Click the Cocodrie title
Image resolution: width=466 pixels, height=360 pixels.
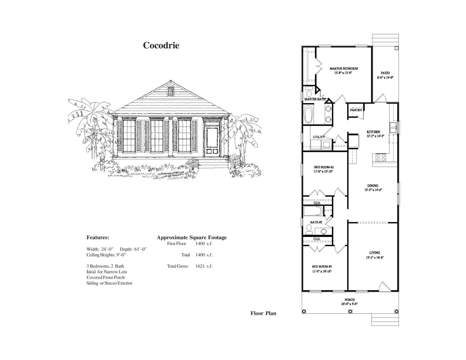161,45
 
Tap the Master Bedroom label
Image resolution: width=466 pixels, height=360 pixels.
344,69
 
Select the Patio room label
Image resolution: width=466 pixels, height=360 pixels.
385,73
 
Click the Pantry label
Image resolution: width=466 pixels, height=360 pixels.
356,110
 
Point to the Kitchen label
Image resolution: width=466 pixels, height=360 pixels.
373,132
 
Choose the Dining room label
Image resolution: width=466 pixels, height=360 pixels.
372,186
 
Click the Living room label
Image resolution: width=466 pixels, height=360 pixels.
374,253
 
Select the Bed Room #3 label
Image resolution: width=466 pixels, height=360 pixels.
322,267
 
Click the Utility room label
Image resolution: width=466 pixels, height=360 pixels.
319,137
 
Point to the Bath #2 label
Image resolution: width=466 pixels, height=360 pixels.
316,222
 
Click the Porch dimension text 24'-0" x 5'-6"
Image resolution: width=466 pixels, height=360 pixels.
349,304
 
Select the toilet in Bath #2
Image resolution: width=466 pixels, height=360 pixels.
309,228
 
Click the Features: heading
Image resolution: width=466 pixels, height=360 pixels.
98,238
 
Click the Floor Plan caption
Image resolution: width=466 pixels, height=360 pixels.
263,313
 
